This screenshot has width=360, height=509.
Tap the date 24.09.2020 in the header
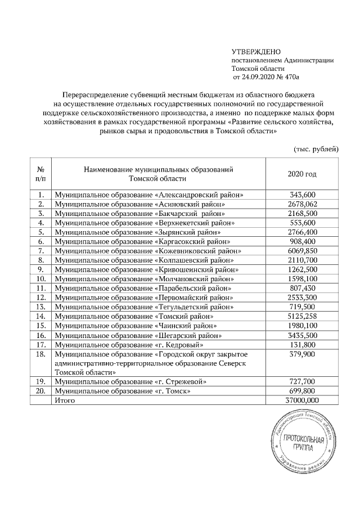[259, 76]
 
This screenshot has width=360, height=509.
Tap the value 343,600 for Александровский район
[302, 195]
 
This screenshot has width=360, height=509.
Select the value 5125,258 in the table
[302, 317]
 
